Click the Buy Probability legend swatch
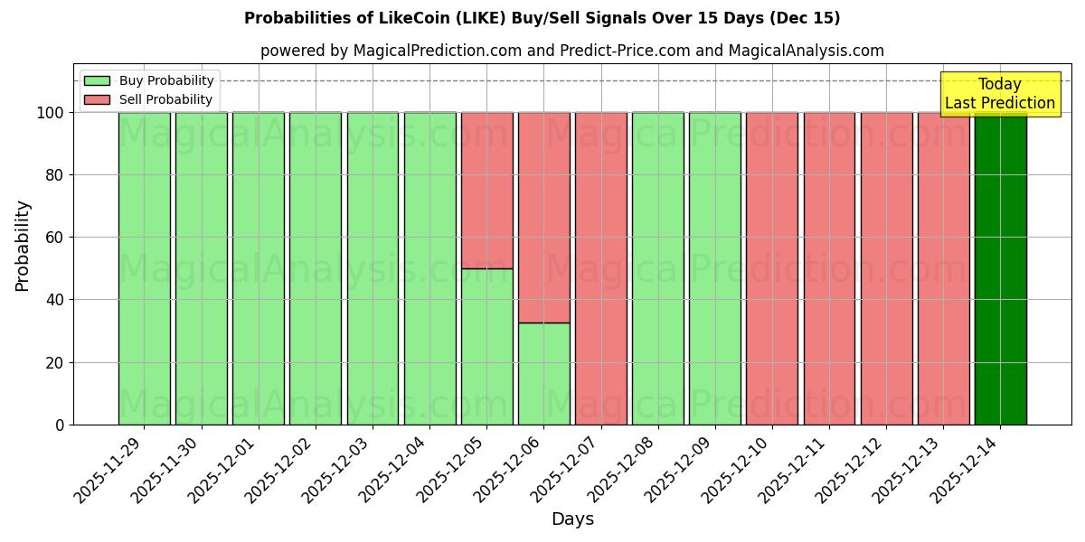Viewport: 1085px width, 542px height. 97,81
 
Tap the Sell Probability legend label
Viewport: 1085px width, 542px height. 165,99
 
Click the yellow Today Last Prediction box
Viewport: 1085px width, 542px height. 999,94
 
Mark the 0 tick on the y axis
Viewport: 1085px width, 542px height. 60,425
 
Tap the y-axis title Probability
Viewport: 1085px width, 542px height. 23,245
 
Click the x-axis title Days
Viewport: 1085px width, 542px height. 572,519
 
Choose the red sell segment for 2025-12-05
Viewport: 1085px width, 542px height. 486,190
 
